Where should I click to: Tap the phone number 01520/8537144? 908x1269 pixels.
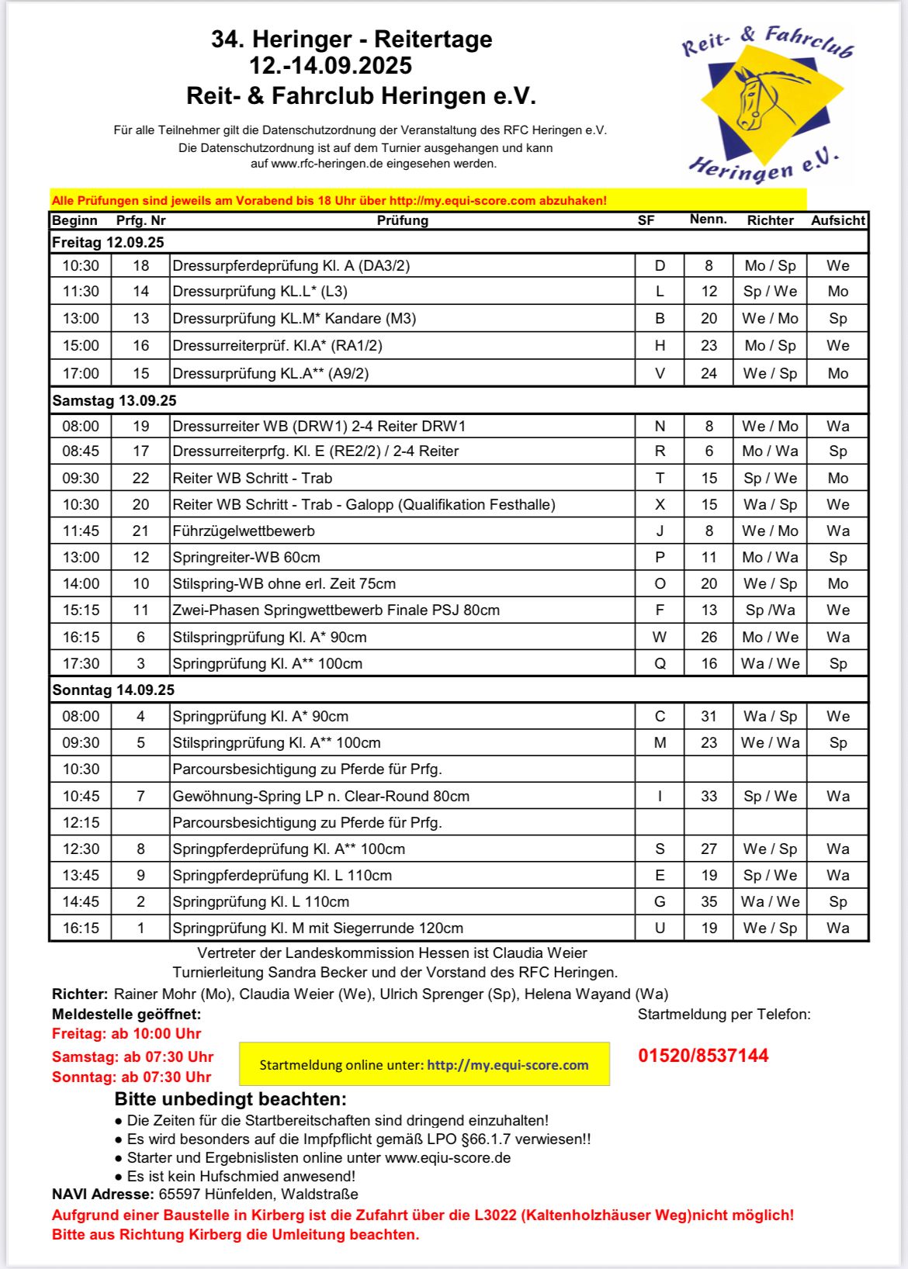703,1056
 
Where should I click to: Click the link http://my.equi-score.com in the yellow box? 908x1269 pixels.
508,1065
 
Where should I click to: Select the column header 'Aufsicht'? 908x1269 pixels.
837,220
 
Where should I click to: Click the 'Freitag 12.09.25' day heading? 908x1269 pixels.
108,242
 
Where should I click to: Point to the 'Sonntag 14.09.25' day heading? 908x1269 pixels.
113,690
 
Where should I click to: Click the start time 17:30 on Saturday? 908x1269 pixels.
81,663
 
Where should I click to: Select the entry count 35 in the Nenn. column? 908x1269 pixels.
709,901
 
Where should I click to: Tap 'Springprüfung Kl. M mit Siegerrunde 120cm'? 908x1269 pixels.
317,928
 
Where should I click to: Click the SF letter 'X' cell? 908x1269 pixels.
660,504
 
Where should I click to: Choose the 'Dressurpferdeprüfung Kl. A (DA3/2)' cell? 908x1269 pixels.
291,265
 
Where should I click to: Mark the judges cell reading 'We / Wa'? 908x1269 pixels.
770,742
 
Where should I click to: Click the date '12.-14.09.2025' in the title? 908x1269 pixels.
331,66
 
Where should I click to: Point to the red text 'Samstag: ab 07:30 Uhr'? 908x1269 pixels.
133,1056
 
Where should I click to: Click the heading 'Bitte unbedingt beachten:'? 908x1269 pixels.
230,1099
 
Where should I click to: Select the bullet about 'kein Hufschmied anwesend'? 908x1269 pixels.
241,1176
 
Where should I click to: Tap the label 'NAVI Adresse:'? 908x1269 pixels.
103,1195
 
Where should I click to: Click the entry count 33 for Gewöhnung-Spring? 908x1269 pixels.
709,796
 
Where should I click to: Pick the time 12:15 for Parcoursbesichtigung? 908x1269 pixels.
81,822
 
